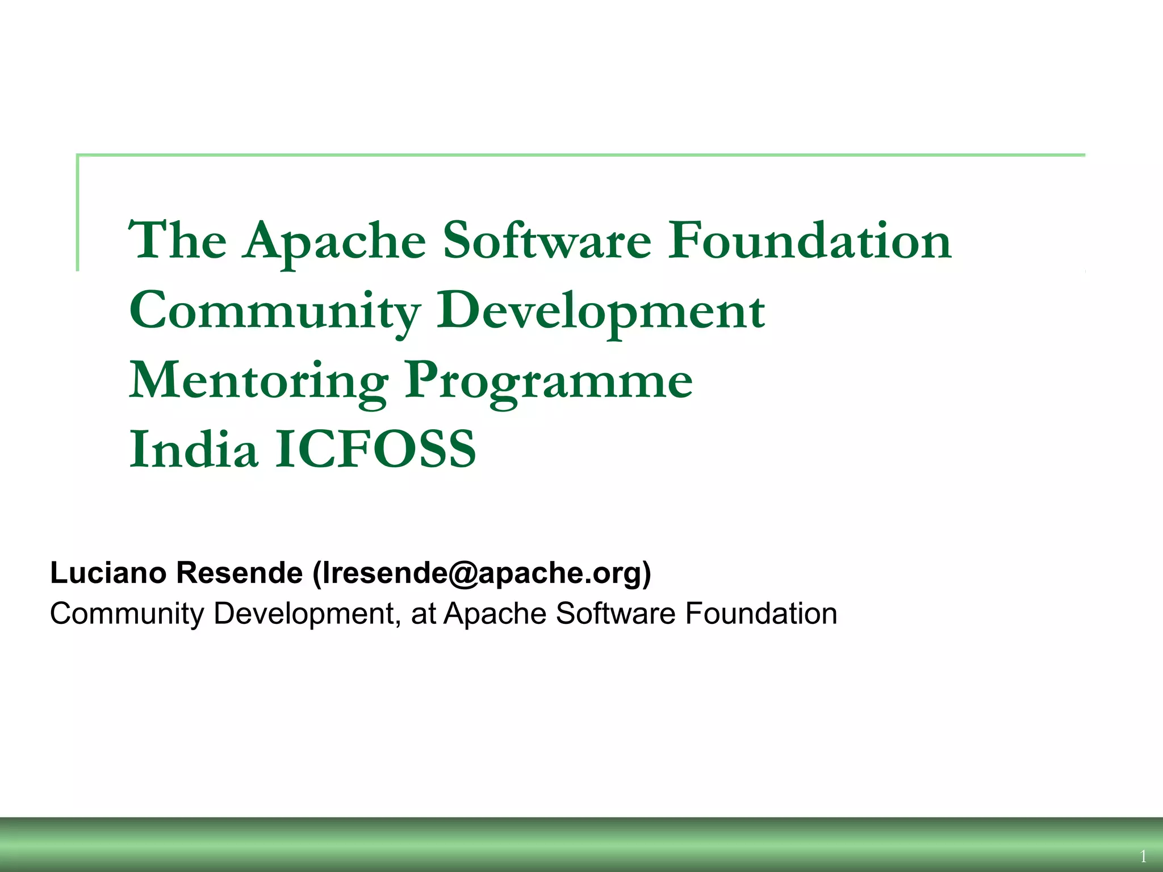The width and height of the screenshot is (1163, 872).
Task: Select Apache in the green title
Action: pyautogui.click(x=334, y=241)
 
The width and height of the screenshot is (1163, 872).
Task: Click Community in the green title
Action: pyautogui.click(x=275, y=312)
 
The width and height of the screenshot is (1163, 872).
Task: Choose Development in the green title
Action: pyautogui.click(x=600, y=312)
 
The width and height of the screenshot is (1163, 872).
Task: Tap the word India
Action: pyautogui.click(x=193, y=449)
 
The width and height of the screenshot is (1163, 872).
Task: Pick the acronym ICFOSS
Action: pyautogui.click(x=375, y=449)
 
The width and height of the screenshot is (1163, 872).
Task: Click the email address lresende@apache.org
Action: pyautogui.click(x=482, y=573)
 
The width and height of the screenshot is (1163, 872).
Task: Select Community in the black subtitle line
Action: pyautogui.click(x=127, y=614)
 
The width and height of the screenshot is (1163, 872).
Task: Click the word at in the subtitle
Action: pyautogui.click(x=423, y=614)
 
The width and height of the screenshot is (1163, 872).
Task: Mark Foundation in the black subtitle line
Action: pyautogui.click(x=761, y=614)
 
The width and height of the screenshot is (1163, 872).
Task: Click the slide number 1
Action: pyautogui.click(x=1143, y=856)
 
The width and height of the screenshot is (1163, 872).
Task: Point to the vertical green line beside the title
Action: pyautogui.click(x=77, y=212)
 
